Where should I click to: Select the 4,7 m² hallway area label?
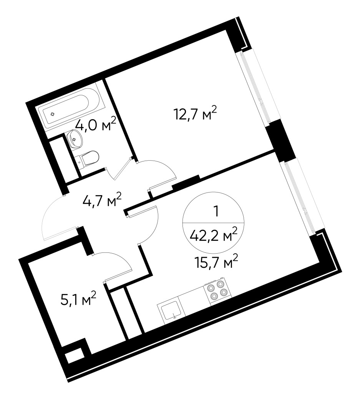pos(102,200)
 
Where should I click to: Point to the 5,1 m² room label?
pos(78,299)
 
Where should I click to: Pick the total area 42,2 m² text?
pos(214,234)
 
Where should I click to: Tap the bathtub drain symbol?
pos(53,114)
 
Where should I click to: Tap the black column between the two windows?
pos(282,140)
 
